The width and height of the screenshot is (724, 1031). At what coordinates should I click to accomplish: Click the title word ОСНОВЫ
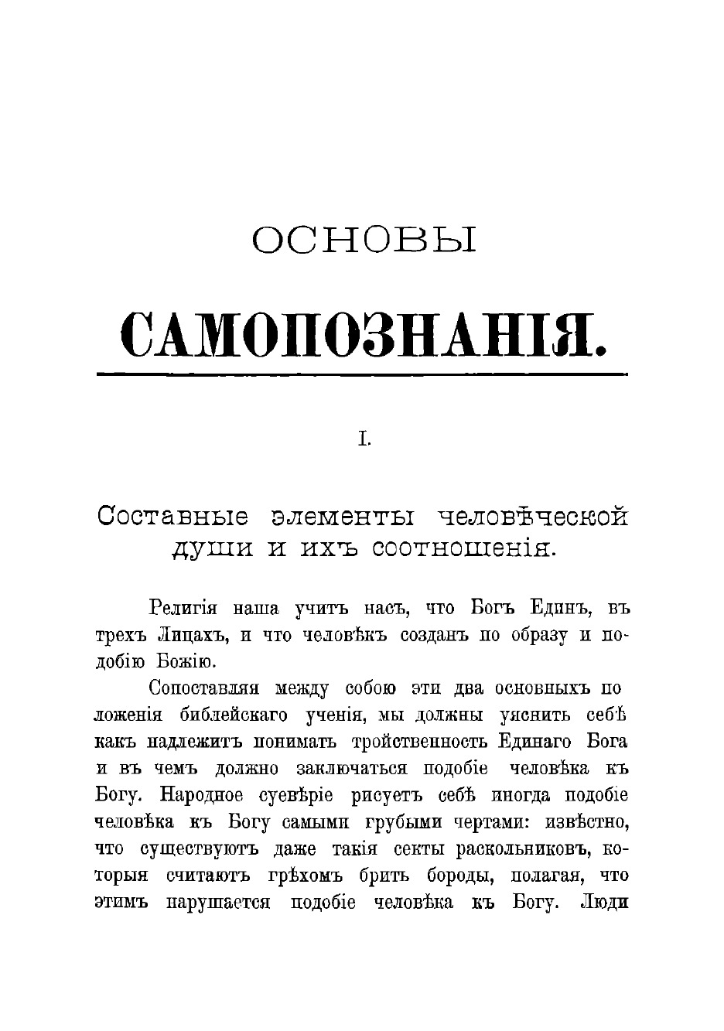(x=364, y=241)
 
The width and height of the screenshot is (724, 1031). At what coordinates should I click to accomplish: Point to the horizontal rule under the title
(x=362, y=375)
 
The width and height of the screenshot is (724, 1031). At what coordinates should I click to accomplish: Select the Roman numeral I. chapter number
(x=363, y=440)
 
